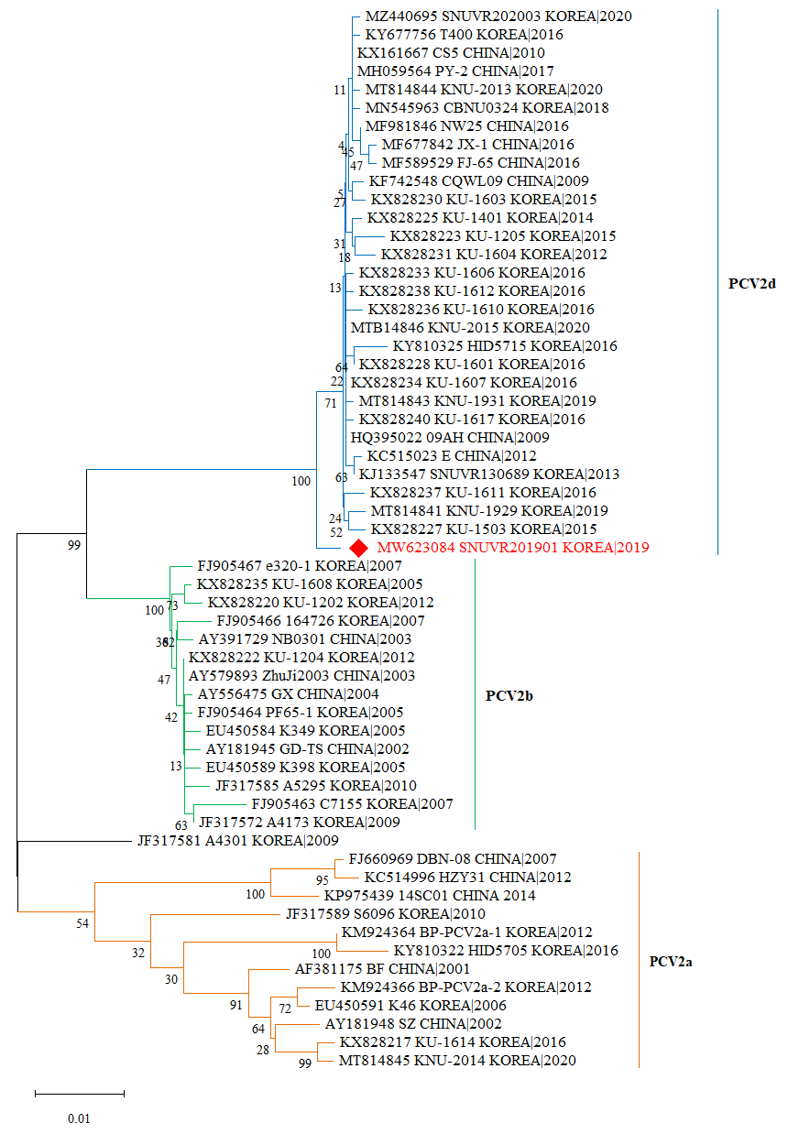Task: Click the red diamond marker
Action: click(x=359, y=548)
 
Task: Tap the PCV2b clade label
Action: click(x=509, y=695)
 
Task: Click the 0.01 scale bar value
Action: click(x=79, y=1118)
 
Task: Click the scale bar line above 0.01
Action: click(x=80, y=1093)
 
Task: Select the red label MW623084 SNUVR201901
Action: click(x=512, y=548)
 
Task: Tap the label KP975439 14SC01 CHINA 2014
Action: click(x=430, y=895)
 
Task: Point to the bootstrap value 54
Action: click(x=82, y=923)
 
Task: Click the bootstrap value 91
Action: click(x=236, y=1006)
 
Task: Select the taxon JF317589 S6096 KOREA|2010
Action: click(x=386, y=913)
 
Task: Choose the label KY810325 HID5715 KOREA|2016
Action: click(x=505, y=346)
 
